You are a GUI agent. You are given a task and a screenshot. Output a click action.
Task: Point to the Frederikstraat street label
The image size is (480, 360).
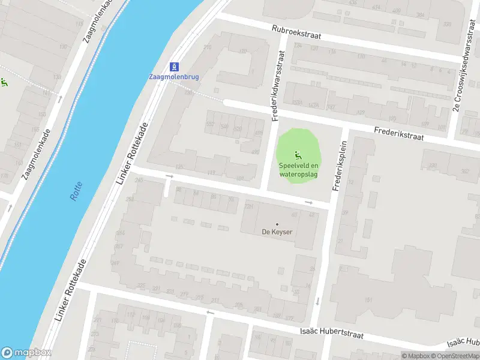tap(398, 133)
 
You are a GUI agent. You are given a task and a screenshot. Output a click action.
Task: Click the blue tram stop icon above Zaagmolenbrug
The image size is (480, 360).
tap(175, 65)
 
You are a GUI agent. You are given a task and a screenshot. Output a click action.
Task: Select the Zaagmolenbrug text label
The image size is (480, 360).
tap(174, 77)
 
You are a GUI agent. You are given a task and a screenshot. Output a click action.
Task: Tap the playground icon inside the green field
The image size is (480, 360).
tap(298, 154)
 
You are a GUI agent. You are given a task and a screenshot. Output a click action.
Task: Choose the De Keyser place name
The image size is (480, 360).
tap(277, 232)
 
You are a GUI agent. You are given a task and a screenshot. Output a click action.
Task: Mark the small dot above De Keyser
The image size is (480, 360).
tap(277, 224)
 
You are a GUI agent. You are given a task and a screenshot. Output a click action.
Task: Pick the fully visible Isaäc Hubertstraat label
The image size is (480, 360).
tap(333, 333)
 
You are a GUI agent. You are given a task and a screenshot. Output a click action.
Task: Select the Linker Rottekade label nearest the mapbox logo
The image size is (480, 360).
tap(71, 289)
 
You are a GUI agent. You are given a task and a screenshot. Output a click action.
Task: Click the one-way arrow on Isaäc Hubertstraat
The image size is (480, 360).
tap(210, 312)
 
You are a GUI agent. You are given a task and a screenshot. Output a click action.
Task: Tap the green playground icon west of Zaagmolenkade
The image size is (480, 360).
tap(3, 83)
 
